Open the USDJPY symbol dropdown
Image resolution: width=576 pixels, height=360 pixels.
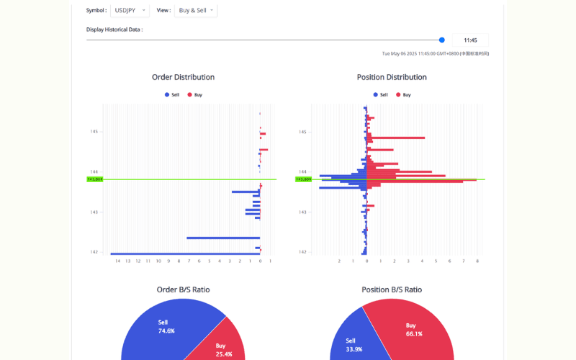pyautogui.click(x=130, y=11)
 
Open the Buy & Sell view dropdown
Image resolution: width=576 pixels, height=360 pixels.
pyautogui.click(x=196, y=11)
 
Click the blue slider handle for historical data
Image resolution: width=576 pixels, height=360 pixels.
pyautogui.click(x=442, y=40)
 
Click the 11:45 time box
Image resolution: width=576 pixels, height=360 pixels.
pyautogui.click(x=471, y=40)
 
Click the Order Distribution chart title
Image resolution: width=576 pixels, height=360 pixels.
pyautogui.click(x=183, y=77)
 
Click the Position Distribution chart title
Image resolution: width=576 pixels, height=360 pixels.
pyautogui.click(x=392, y=77)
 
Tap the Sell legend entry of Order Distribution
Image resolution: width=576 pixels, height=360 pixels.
pyautogui.click(x=172, y=95)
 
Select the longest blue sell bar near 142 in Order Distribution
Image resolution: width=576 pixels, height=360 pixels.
pyautogui.click(x=185, y=253)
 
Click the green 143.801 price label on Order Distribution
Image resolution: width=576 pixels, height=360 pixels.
pyautogui.click(x=94, y=179)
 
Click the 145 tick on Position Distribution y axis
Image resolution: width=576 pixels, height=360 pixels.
pyautogui.click(x=303, y=132)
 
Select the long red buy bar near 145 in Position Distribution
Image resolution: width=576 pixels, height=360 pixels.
pyautogui.click(x=396, y=138)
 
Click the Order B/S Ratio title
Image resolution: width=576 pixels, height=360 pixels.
pyautogui.click(x=183, y=289)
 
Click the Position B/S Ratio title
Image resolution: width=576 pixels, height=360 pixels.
pyautogui.click(x=392, y=289)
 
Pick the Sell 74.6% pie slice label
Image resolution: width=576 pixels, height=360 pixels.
pyautogui.click(x=166, y=326)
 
